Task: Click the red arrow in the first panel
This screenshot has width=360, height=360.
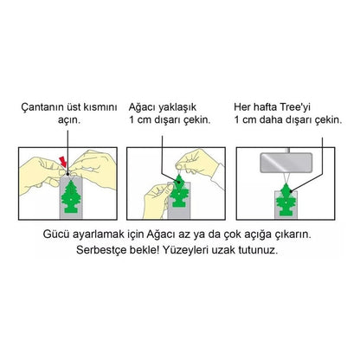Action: click(63, 162)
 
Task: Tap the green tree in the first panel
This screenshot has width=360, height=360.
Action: click(71, 196)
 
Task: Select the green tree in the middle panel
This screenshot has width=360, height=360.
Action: click(179, 191)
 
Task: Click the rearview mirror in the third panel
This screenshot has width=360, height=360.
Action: click(286, 163)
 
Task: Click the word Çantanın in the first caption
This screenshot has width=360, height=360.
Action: click(42, 107)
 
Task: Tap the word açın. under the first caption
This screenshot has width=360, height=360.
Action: click(69, 120)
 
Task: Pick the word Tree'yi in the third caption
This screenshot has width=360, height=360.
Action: click(295, 107)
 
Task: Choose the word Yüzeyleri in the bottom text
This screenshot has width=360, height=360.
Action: click(185, 250)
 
